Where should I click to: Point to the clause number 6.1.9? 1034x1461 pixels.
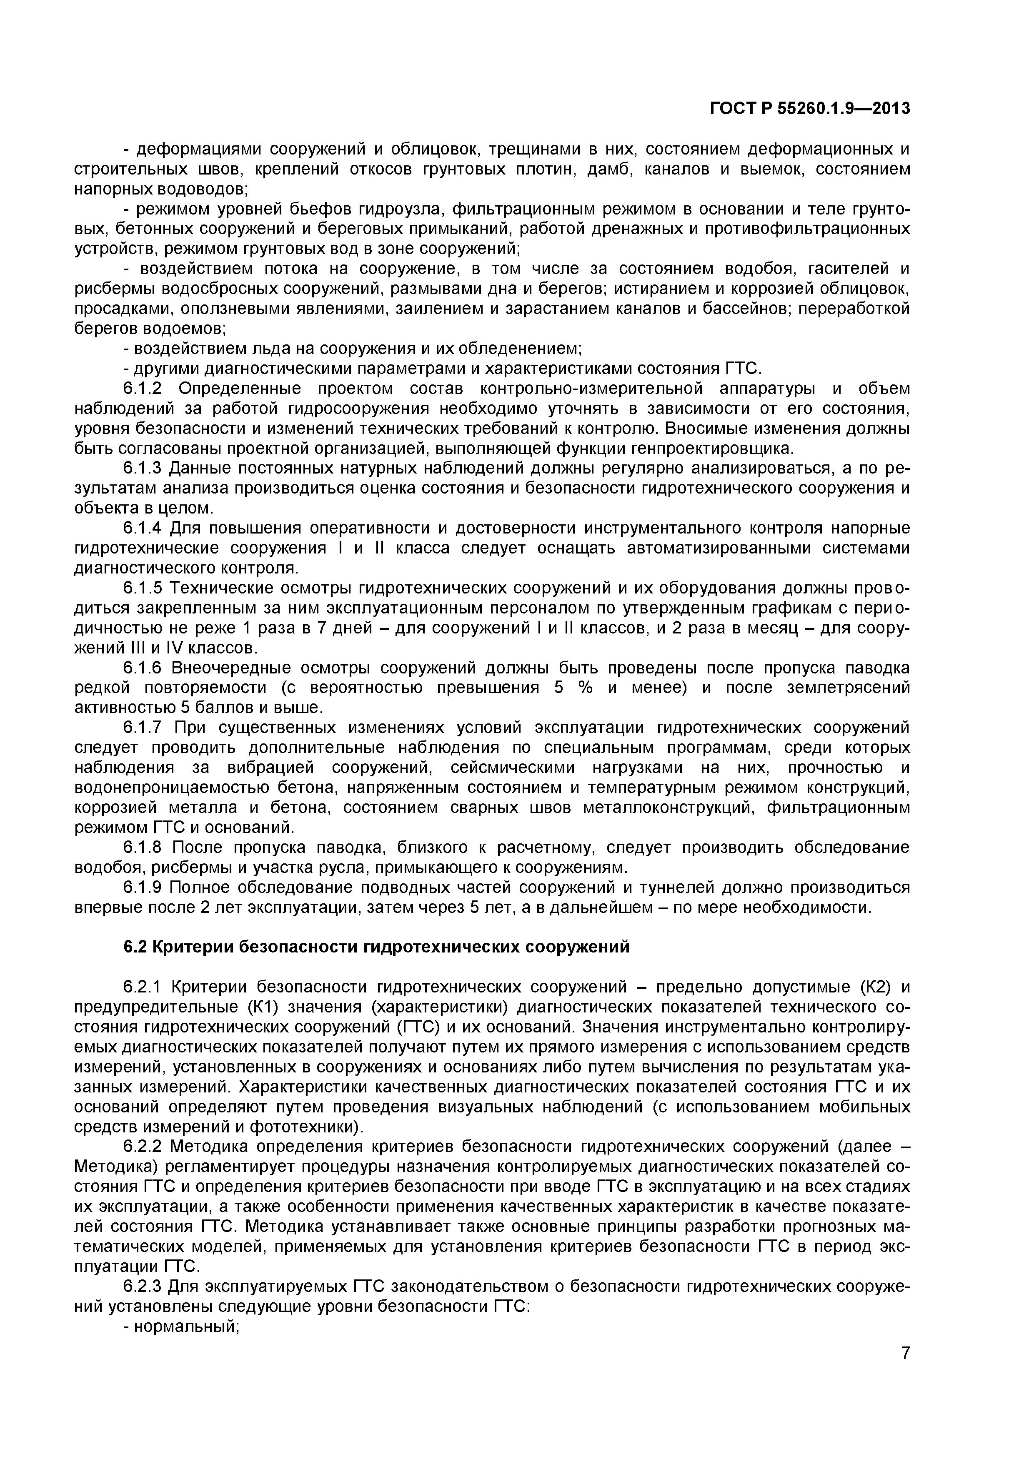(146, 887)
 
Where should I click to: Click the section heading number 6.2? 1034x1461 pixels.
(135, 947)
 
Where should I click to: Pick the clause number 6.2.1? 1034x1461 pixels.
(146, 987)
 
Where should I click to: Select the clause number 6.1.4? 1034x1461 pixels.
(146, 528)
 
